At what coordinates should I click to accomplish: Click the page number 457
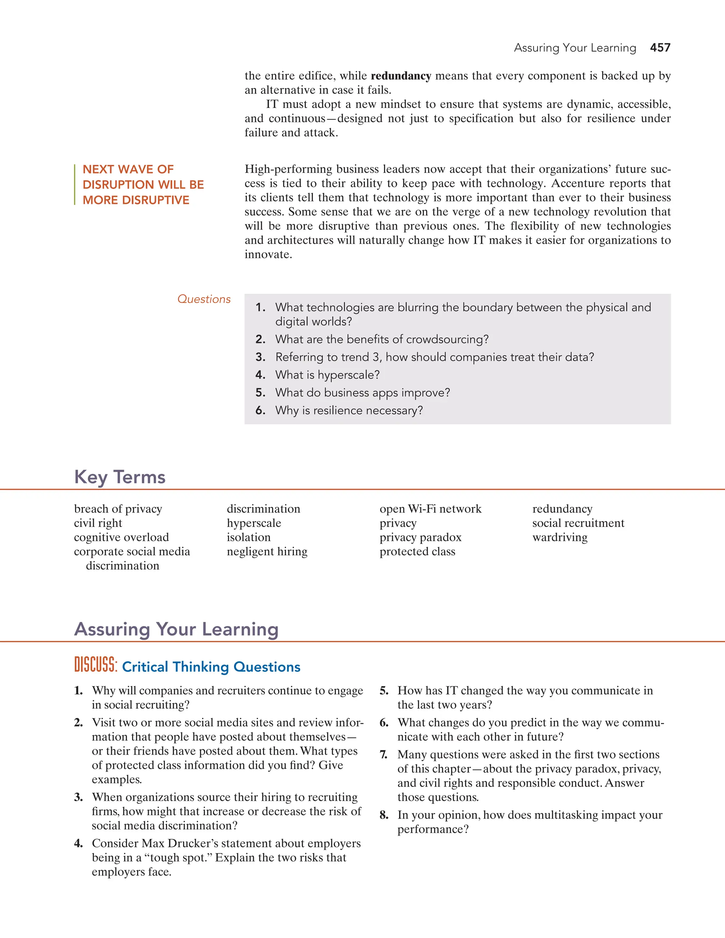660,48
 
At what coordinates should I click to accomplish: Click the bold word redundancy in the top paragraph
401,76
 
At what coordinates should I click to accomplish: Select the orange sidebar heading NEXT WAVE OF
128,169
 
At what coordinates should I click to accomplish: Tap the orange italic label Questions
204,299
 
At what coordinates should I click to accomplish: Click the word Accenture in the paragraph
577,183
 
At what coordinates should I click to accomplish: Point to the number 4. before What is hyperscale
260,375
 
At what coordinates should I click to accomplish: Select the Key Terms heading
120,477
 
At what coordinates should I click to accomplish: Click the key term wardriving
560,537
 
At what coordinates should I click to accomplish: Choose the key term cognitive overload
121,537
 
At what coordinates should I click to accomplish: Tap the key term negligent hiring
267,551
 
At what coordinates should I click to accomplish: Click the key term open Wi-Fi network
430,509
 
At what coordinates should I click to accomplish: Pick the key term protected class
417,551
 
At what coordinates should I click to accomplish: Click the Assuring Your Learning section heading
176,629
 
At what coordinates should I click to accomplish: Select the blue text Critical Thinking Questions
211,667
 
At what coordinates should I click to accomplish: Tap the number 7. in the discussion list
383,755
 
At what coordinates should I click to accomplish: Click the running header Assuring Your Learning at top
575,48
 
